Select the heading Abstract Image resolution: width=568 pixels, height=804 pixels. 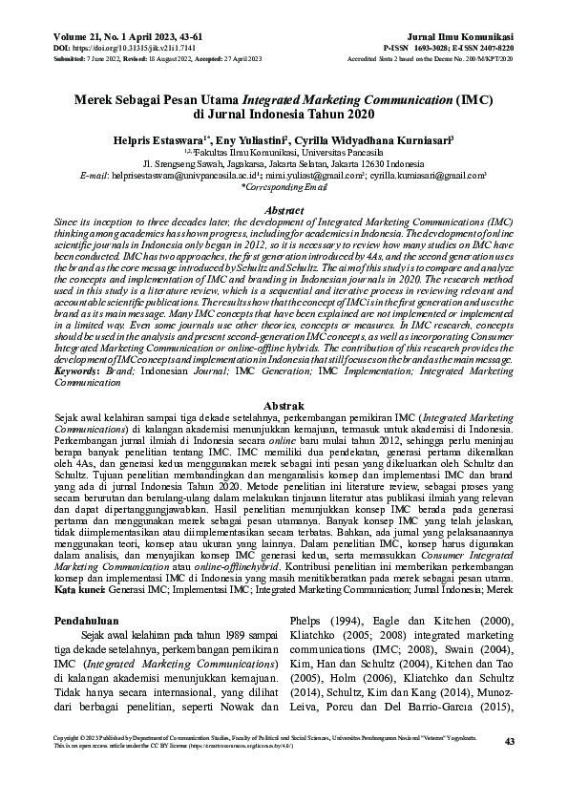pyautogui.click(x=284, y=209)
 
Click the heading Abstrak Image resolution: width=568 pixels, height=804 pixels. pyautogui.click(x=284, y=405)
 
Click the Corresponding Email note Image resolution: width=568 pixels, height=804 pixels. pyautogui.click(x=284, y=188)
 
